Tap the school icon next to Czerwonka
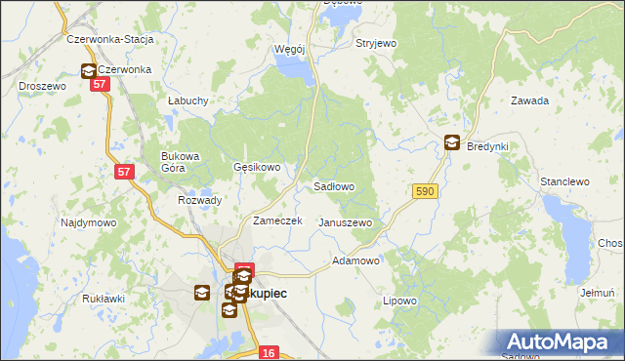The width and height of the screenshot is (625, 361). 88,70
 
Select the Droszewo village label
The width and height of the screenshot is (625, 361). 42,86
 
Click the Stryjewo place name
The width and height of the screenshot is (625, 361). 376,44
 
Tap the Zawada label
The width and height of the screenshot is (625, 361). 530,100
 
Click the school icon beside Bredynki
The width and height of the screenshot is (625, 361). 452,142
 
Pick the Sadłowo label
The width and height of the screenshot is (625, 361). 333,185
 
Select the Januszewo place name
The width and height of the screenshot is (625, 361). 346,222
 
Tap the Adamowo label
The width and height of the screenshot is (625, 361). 355,261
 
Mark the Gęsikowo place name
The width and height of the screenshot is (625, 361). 257,167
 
